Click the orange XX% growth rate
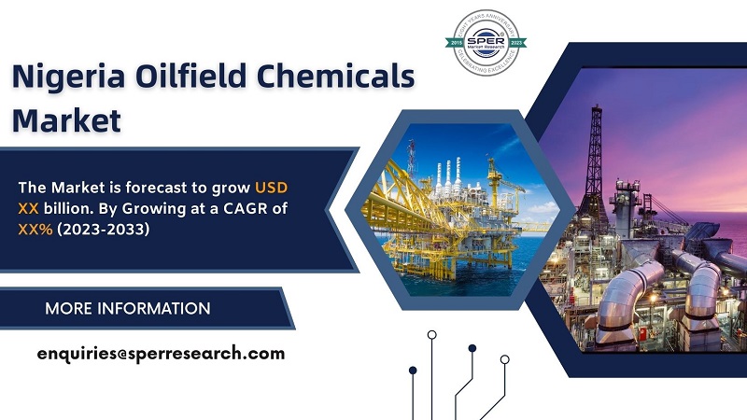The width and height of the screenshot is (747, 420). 37,229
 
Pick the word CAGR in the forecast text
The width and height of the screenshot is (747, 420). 239,208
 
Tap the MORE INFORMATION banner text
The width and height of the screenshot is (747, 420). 128,309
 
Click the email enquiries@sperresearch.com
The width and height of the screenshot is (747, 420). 161,354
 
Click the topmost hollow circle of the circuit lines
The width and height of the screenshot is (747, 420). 431,334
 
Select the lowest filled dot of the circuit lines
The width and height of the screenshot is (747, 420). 413,370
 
